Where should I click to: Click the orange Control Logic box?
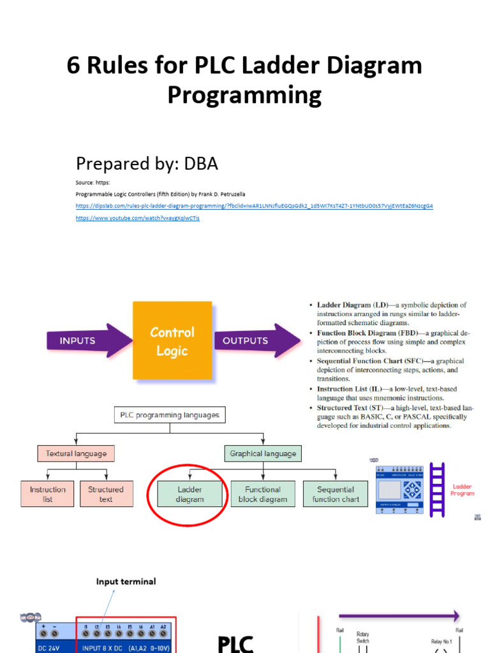[172, 341]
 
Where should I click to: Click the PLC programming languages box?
[170, 415]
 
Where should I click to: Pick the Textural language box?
[76, 453]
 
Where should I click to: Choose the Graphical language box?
[263, 453]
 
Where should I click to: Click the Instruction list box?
[47, 494]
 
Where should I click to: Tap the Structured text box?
[106, 494]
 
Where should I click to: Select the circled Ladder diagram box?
[189, 494]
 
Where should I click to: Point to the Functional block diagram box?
[263, 494]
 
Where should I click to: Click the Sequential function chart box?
[336, 494]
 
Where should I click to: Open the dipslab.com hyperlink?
[254, 206]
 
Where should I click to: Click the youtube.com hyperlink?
[137, 218]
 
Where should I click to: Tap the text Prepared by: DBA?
[147, 164]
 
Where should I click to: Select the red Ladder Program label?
[462, 490]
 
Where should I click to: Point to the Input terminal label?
[126, 582]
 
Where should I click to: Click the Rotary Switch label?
[362, 638]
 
